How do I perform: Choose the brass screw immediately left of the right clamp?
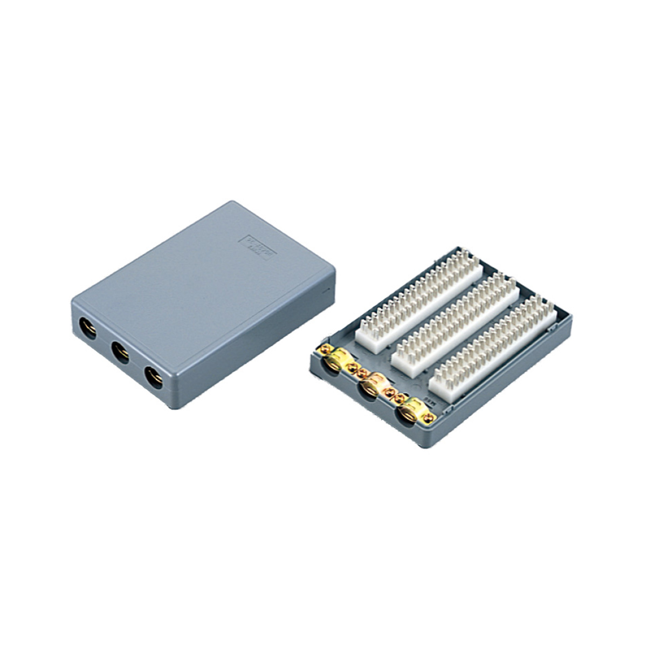[x=400, y=398]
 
